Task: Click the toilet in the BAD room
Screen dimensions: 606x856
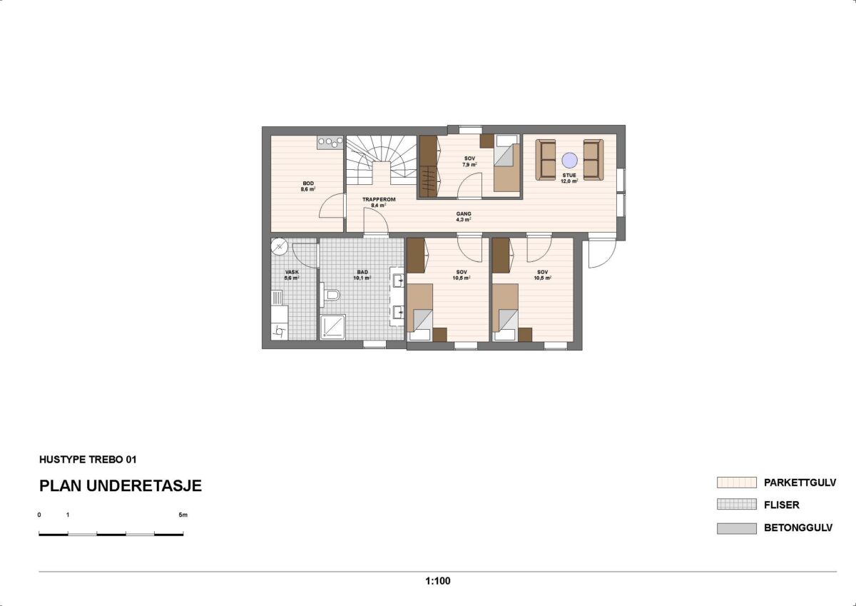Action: (330, 293)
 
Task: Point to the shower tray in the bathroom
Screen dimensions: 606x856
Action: (332, 326)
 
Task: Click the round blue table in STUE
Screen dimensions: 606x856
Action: (569, 160)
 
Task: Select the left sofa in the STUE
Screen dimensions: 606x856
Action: (546, 160)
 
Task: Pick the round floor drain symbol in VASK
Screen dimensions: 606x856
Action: (279, 247)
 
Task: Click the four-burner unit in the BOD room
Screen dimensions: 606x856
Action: (329, 143)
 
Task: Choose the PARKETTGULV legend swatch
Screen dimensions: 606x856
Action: (736, 483)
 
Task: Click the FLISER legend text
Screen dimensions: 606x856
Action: (781, 505)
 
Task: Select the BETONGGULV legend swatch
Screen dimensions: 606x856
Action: (736, 529)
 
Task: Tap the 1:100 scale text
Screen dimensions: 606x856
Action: (437, 581)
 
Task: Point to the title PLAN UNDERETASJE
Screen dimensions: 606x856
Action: (121, 486)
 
